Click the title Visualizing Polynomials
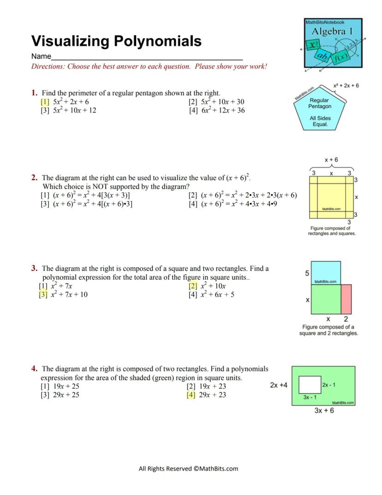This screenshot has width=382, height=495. [x=116, y=41]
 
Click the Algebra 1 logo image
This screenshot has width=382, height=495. [x=333, y=43]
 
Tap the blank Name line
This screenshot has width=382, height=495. [x=147, y=57]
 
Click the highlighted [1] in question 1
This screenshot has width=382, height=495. [x=45, y=102]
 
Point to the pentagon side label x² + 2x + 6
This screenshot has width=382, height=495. [x=346, y=86]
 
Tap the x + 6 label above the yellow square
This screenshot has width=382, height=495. [x=331, y=160]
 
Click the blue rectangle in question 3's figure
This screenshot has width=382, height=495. [x=326, y=273]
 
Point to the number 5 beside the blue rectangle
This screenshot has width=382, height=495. [x=307, y=273]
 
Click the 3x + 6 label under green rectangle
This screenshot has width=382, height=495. [x=324, y=411]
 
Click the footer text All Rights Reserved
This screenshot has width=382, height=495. [x=188, y=469]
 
